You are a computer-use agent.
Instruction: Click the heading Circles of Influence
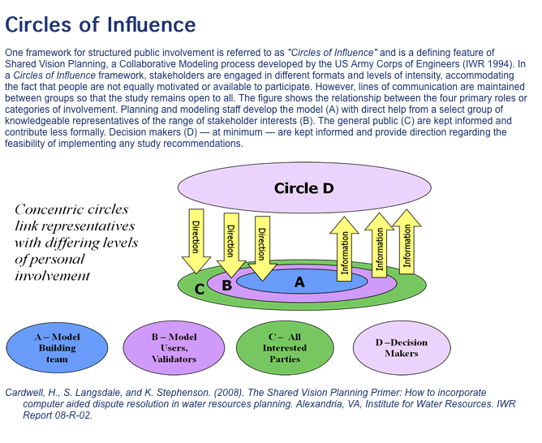click(x=101, y=24)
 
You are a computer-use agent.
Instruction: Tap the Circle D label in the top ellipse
click(x=303, y=188)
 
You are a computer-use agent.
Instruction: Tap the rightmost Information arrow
click(x=406, y=240)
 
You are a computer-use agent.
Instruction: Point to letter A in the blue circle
click(x=299, y=282)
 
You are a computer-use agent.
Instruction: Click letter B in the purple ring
click(x=227, y=286)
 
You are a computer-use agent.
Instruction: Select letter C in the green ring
click(x=200, y=288)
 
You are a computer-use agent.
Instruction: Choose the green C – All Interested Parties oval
click(x=284, y=347)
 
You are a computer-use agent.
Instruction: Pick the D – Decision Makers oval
click(x=401, y=347)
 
